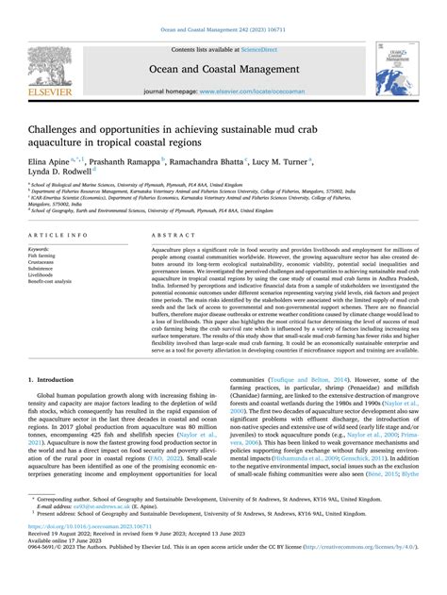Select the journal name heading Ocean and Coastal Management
tap(223, 68)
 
